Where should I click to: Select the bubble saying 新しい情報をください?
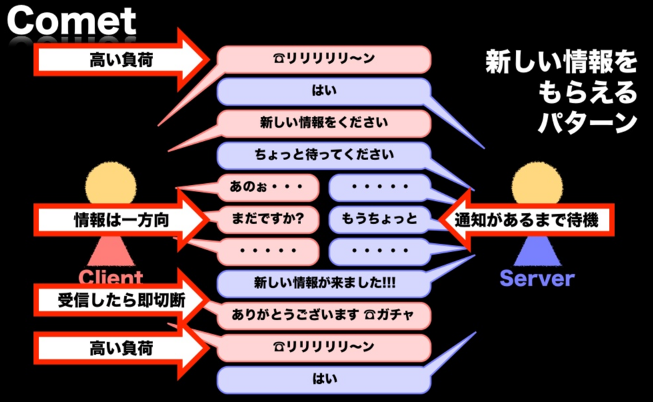tap(324, 123)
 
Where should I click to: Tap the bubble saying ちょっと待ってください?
tap(324, 155)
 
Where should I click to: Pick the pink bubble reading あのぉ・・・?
tap(268, 188)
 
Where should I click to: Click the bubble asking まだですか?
tap(268, 220)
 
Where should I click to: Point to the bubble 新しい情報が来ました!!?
tap(324, 283)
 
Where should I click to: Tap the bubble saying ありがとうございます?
tap(324, 315)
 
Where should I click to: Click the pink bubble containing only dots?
tap(268, 251)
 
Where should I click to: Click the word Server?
tap(537, 278)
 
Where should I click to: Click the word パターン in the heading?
tap(587, 123)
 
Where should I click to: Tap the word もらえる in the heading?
tap(587, 93)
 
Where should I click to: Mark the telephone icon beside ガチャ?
tap(372, 315)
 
